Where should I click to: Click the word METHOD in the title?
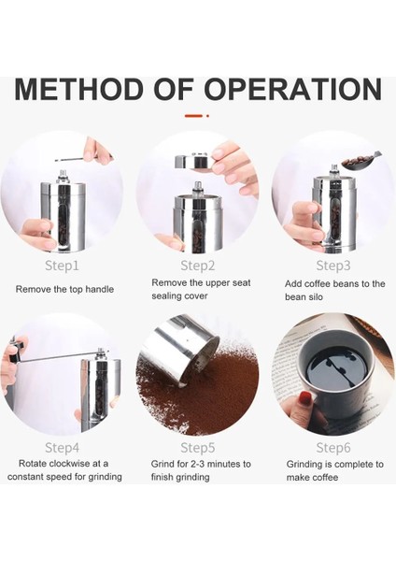click(78, 89)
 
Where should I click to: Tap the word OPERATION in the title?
click(293, 89)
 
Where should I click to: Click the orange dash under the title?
click(193, 116)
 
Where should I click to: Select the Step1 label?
click(62, 266)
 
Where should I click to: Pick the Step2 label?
click(198, 266)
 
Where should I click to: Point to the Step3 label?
click(333, 266)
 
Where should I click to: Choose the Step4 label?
click(62, 448)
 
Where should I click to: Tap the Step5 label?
click(198, 448)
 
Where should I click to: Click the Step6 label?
click(333, 448)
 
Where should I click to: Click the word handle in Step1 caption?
click(100, 289)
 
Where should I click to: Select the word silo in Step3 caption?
click(315, 297)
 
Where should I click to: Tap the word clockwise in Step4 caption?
click(70, 464)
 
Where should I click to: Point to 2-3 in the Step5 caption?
click(197, 464)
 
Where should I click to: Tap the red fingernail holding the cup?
click(305, 398)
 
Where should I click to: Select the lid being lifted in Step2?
click(193, 162)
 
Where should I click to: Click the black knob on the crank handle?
click(15, 352)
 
